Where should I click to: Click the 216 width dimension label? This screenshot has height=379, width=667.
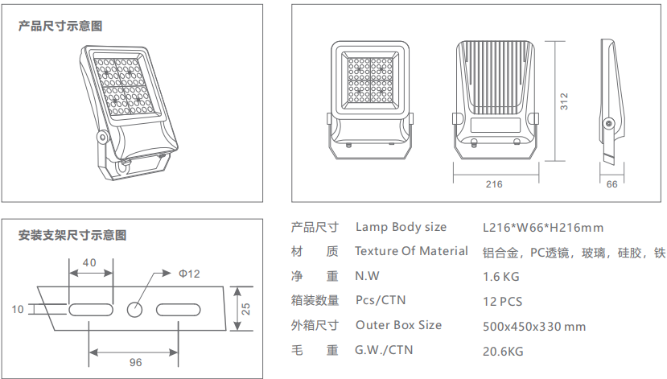pyautogui.click(x=494, y=184)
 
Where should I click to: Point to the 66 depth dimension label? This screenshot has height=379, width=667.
pyautogui.click(x=611, y=184)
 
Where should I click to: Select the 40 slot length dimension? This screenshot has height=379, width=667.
pyautogui.click(x=89, y=262)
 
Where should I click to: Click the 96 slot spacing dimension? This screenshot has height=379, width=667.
pyautogui.click(x=135, y=362)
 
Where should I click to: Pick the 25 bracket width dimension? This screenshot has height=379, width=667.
pyautogui.click(x=247, y=308)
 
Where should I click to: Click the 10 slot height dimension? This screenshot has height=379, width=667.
pyautogui.click(x=18, y=308)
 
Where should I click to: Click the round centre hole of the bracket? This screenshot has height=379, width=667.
pyautogui.click(x=135, y=308)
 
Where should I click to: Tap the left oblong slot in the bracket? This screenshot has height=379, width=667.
pyautogui.click(x=89, y=308)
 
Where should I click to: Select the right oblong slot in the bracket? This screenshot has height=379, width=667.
pyautogui.click(x=179, y=308)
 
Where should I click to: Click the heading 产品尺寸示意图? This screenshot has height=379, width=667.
pyautogui.click(x=60, y=27)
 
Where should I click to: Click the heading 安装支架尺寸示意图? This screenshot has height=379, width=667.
pyautogui.click(x=72, y=236)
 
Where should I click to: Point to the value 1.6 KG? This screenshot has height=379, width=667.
pyautogui.click(x=501, y=277)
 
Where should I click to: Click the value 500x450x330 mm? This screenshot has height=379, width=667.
pyautogui.click(x=534, y=327)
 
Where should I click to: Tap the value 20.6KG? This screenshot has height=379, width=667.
pyautogui.click(x=503, y=352)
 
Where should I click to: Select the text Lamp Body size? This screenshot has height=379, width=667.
pyautogui.click(x=401, y=228)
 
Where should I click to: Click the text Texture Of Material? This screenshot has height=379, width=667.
pyautogui.click(x=411, y=251)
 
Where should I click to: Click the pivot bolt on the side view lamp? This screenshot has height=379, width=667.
pyautogui.click(x=609, y=123)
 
